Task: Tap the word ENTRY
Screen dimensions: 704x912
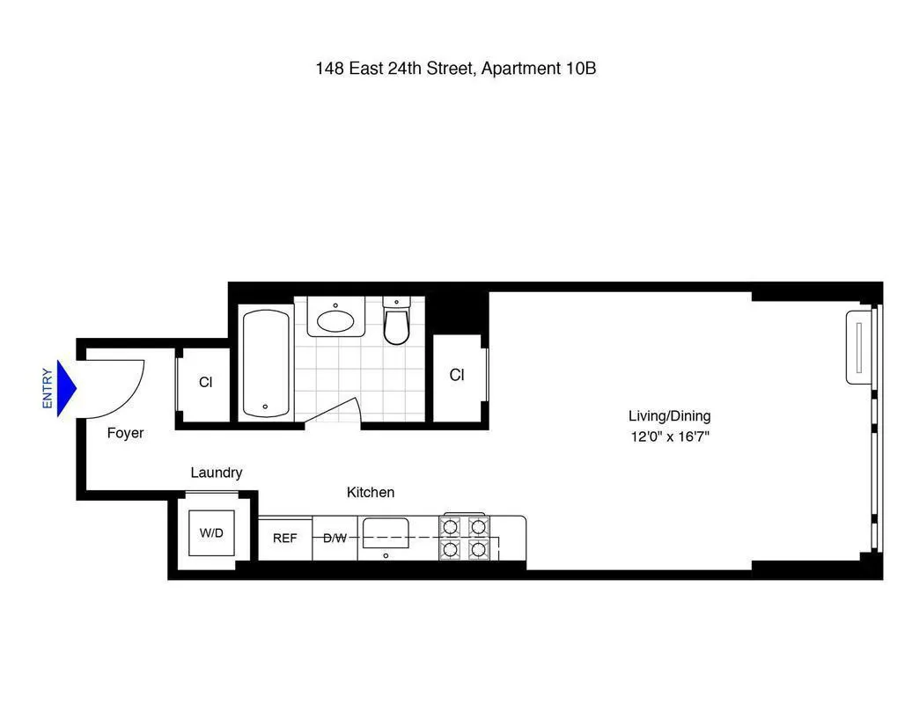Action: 48,388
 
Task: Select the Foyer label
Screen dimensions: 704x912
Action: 125,433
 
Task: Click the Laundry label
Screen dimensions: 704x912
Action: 216,473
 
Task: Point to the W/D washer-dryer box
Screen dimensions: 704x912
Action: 211,533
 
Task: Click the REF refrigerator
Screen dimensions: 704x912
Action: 284,539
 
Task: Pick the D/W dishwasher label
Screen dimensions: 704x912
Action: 335,539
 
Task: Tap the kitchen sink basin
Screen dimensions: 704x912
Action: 385,531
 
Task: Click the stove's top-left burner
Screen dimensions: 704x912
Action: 451,527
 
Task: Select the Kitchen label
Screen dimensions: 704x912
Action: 370,493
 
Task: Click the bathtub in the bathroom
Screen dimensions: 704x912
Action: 265,362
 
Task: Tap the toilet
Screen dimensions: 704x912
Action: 397,323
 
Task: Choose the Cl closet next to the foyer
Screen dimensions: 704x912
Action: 205,383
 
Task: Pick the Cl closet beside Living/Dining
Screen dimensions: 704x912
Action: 457,376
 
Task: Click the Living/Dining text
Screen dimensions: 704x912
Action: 669,416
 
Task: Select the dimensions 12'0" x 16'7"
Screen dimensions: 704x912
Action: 669,436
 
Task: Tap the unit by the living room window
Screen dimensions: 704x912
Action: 858,347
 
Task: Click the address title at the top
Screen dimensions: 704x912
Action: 455,68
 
